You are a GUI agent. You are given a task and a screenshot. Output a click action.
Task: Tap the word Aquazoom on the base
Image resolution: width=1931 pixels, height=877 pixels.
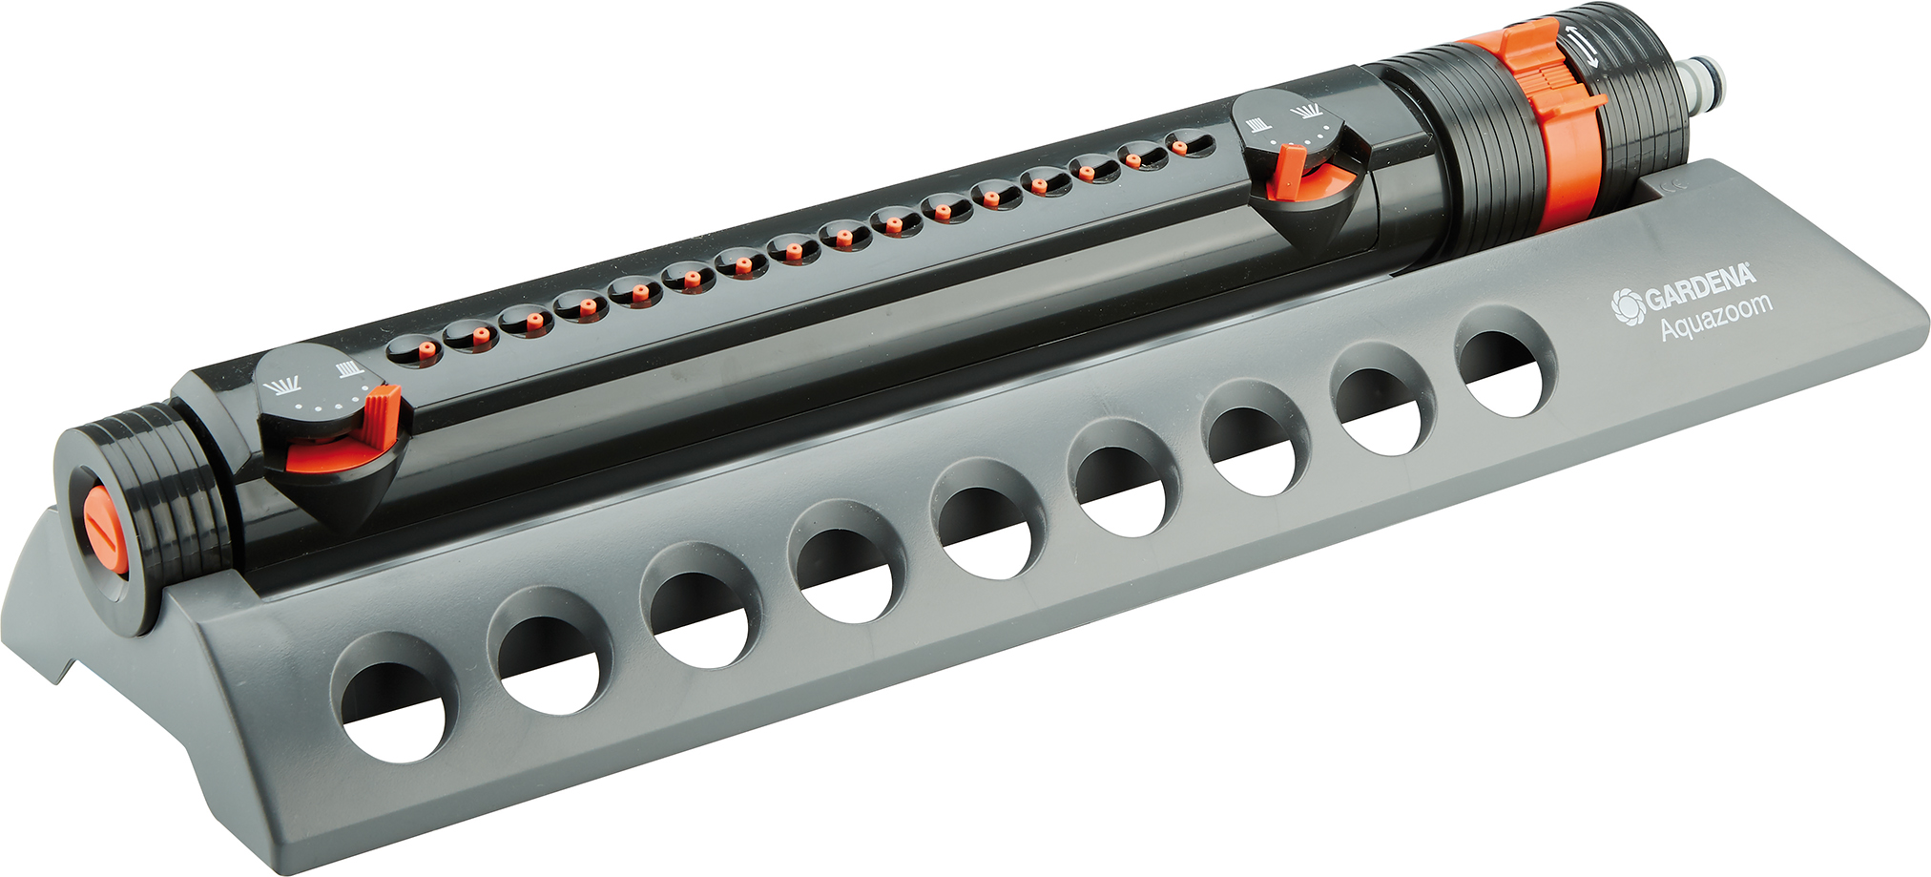[x=1715, y=317]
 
